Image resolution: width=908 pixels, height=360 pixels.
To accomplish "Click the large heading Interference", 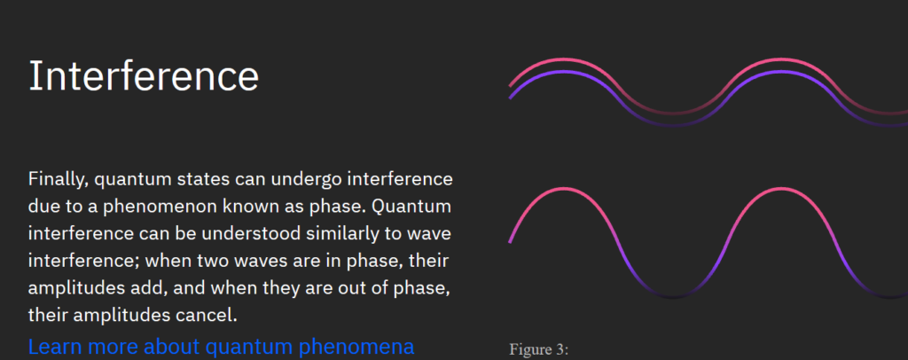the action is tap(144, 76).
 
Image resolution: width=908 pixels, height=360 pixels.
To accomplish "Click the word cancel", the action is tap(207, 317).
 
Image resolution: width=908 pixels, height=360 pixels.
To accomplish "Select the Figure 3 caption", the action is tap(539, 350).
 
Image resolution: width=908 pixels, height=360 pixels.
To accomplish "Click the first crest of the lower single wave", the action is tap(562, 189).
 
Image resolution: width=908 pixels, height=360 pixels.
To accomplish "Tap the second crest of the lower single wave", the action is tap(780, 189).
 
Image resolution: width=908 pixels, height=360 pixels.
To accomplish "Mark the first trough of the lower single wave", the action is tap(672, 297).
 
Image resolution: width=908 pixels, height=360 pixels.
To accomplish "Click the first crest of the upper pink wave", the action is tap(562, 59).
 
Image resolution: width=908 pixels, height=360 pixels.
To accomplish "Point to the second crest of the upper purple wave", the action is tap(780, 72).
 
